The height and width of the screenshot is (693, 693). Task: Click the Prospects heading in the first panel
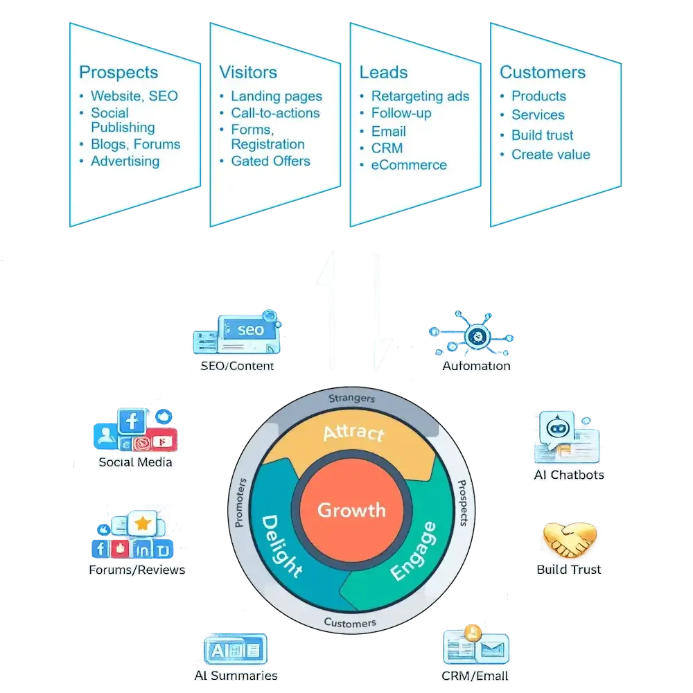pyautogui.click(x=119, y=72)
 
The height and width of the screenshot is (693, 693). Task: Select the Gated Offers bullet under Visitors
pyautogui.click(x=270, y=161)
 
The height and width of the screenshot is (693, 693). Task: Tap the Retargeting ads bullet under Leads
pyautogui.click(x=420, y=96)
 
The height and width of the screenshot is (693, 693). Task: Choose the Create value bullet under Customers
pyautogui.click(x=550, y=154)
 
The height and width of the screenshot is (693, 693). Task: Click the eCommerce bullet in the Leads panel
pyautogui.click(x=409, y=165)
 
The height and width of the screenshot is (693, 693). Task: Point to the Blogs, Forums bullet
pyautogui.click(x=135, y=144)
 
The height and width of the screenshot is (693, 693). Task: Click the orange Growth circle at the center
pyautogui.click(x=351, y=511)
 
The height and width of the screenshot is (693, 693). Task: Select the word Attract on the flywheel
pyautogui.click(x=353, y=433)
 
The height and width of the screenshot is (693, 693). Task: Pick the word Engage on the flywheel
pyautogui.click(x=414, y=551)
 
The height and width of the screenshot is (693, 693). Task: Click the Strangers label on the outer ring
pyautogui.click(x=351, y=398)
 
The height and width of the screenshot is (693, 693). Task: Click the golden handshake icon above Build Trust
pyautogui.click(x=569, y=540)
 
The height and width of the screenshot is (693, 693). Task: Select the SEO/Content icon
pyautogui.click(x=239, y=335)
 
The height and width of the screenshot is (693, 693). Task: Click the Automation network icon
pyautogui.click(x=476, y=336)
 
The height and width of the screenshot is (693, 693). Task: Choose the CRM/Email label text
pyautogui.click(x=475, y=676)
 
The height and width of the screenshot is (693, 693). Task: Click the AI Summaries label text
pyautogui.click(x=236, y=676)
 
